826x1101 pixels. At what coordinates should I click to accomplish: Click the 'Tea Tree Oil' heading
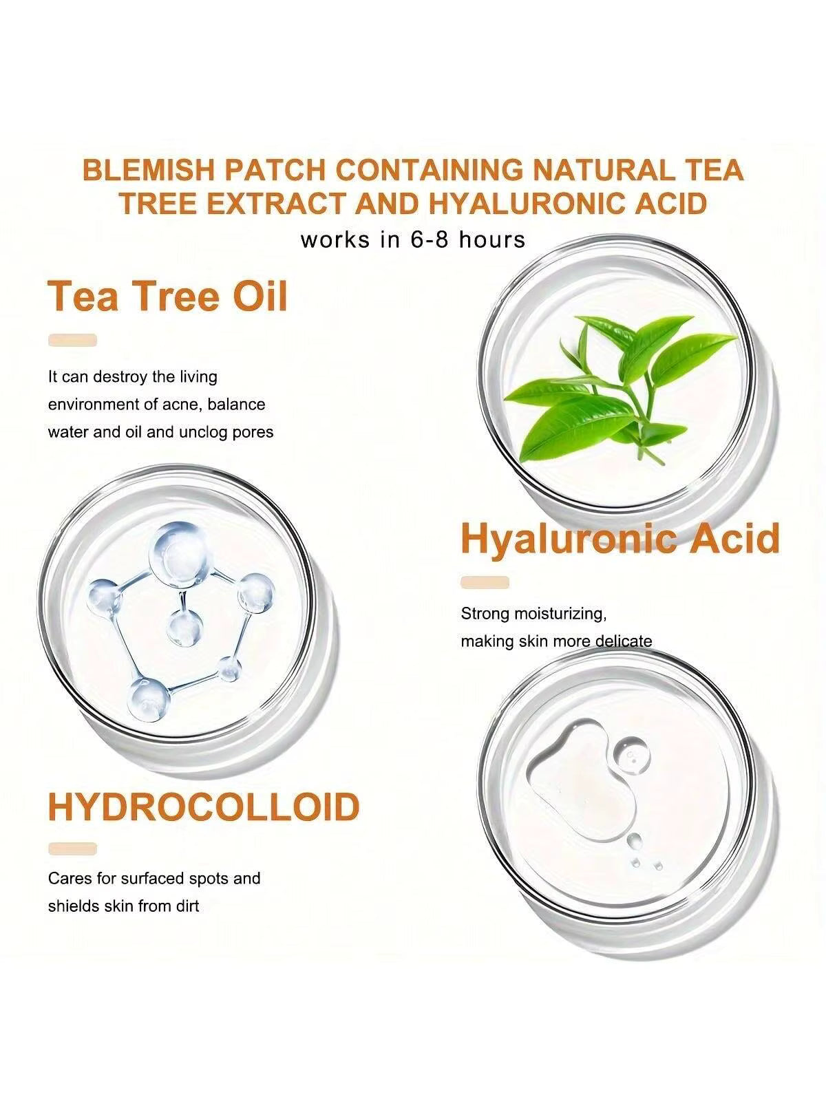[x=167, y=297]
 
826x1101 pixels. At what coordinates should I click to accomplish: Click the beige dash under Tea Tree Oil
[x=72, y=340]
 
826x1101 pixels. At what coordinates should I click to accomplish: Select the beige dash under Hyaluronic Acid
[x=485, y=582]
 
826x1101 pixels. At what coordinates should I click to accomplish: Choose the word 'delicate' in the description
[x=624, y=641]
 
